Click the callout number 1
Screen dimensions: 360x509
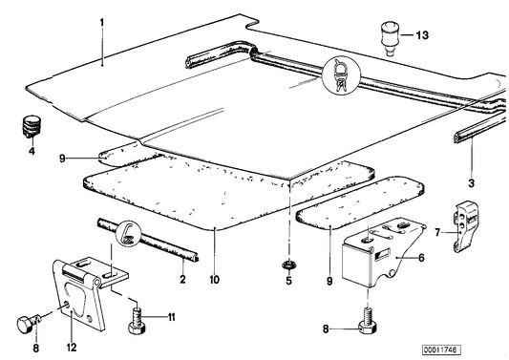[x=104, y=19]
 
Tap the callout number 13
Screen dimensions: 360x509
[x=422, y=35]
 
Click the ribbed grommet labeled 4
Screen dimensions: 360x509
[x=33, y=125]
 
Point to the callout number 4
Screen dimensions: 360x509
[x=31, y=151]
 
